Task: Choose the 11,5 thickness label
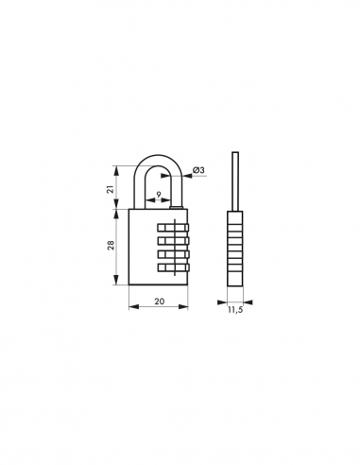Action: pyautogui.click(x=236, y=309)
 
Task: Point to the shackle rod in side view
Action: pyautogui.click(x=235, y=180)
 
